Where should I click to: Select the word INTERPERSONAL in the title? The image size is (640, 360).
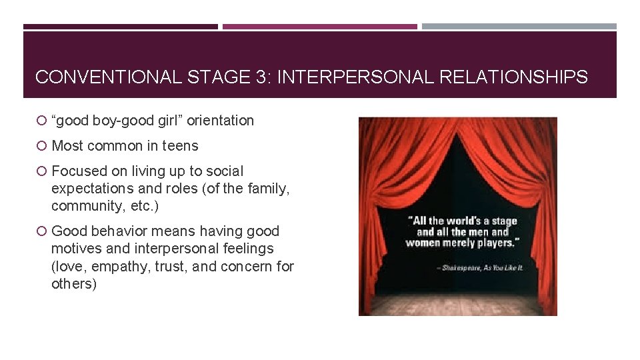(356, 77)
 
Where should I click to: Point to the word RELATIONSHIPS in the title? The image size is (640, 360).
(514, 77)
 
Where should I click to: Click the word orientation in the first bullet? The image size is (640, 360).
(220, 121)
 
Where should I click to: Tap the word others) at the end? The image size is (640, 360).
(74, 283)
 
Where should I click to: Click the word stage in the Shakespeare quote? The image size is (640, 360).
(505, 221)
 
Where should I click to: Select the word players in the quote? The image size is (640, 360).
(493, 243)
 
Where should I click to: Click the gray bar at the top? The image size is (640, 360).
(519, 27)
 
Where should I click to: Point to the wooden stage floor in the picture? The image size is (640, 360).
(457, 304)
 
